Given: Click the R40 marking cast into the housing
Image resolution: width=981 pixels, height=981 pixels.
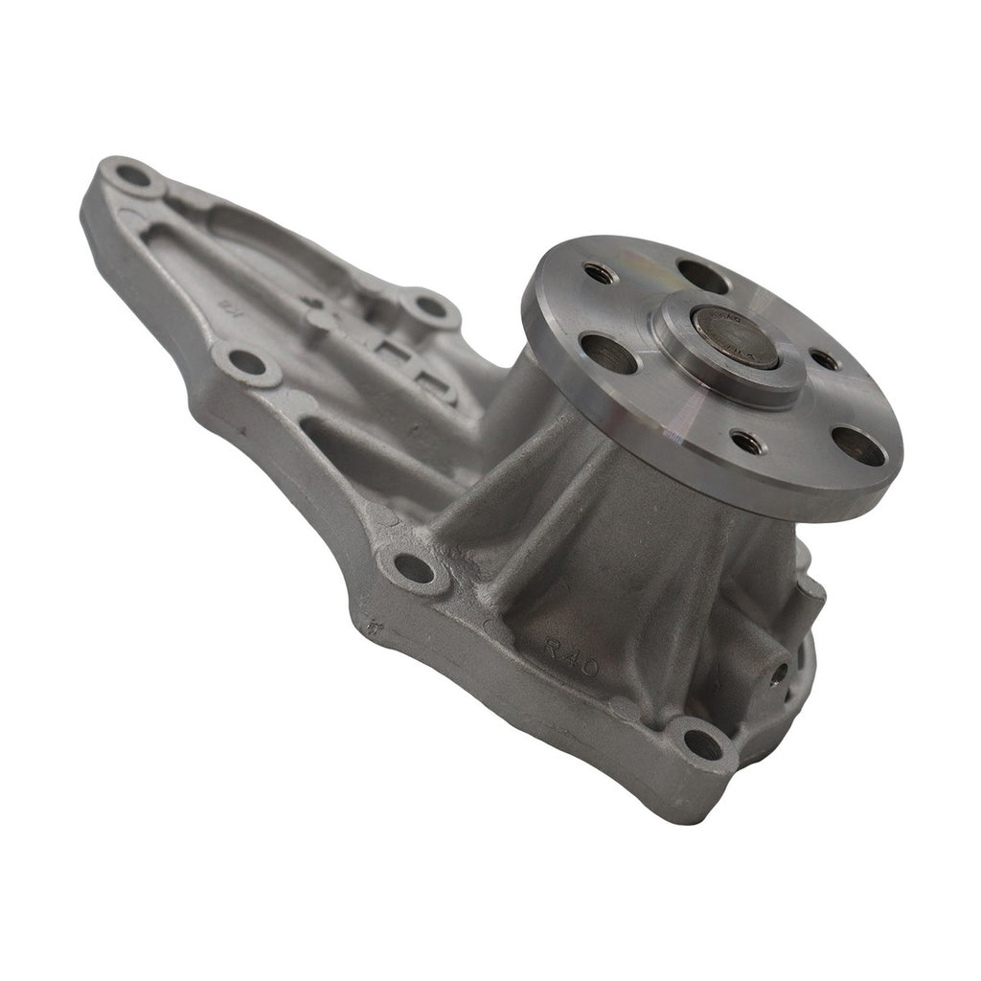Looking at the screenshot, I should click(x=570, y=657).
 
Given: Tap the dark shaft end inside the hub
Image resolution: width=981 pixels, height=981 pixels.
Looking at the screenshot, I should click(x=734, y=336).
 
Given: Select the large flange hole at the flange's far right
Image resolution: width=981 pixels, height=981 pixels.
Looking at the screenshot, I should click(x=857, y=445).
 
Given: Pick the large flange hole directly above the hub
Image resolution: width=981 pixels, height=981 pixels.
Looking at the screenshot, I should click(x=702, y=276).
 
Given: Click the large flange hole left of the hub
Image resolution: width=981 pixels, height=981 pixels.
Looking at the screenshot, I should click(x=608, y=354).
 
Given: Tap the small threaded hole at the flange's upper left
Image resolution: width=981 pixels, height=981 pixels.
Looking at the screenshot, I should click(x=600, y=273).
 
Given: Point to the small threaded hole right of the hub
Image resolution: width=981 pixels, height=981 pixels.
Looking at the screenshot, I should click(x=826, y=359).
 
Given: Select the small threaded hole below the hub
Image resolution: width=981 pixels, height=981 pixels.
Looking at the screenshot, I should click(x=747, y=443).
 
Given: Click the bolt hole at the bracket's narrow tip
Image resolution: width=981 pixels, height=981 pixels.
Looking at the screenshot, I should click(x=133, y=176).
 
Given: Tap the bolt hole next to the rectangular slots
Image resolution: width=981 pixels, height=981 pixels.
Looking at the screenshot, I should click(x=431, y=308).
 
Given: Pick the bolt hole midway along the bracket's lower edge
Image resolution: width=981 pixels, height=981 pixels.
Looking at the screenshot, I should click(x=247, y=362).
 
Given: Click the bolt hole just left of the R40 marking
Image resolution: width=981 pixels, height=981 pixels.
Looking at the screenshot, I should click(x=414, y=568).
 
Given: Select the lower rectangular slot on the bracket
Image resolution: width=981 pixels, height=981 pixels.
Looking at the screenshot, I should click(x=434, y=385).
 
